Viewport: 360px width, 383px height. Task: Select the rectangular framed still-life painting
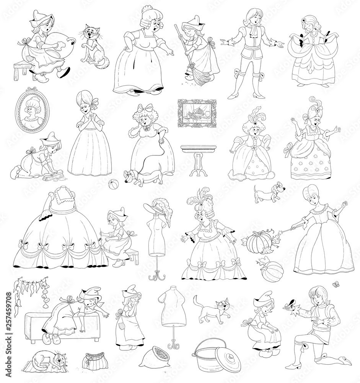196,116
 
